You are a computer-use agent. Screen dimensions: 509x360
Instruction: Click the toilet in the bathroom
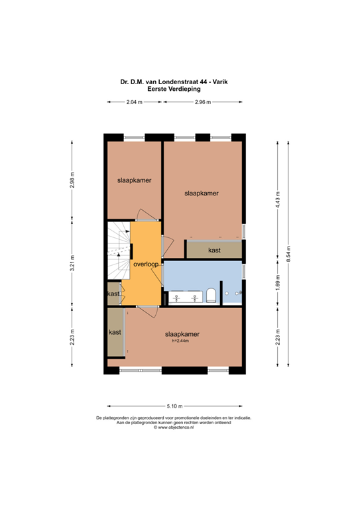[x=211, y=294]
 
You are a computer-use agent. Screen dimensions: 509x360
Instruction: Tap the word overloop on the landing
[x=145, y=264]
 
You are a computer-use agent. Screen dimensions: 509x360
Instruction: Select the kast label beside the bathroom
[x=213, y=251]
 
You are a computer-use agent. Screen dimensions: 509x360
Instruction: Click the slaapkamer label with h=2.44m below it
[x=182, y=334]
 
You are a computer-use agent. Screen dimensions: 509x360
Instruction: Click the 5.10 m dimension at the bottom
[x=174, y=406]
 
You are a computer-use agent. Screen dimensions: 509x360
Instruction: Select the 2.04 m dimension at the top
[x=135, y=102]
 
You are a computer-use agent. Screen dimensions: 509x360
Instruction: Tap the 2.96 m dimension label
[x=203, y=102]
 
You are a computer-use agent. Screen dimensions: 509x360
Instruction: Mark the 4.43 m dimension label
[x=278, y=198]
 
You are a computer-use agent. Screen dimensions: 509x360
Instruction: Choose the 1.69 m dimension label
[x=278, y=284]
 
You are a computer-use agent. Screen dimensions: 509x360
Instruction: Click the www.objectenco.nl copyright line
[x=174, y=427]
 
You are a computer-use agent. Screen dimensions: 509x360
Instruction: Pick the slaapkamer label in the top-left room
[x=133, y=180]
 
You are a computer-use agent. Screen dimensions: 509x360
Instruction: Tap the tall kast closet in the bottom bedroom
[x=115, y=332]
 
